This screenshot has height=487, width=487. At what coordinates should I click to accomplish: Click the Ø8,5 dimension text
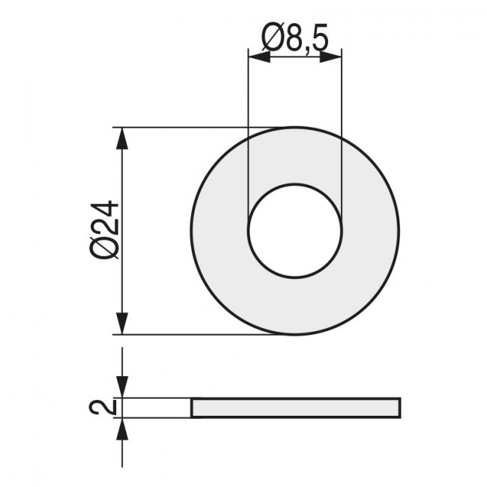(x=294, y=39)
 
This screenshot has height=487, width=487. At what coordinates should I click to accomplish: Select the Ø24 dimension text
(x=104, y=229)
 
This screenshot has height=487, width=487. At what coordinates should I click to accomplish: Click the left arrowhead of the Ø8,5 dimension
(x=258, y=57)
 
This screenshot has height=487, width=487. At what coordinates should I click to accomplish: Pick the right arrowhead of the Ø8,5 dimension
(x=331, y=57)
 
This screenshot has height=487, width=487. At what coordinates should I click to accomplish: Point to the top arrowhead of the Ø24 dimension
(x=122, y=138)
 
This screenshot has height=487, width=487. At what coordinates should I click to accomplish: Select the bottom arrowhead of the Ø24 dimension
(x=122, y=324)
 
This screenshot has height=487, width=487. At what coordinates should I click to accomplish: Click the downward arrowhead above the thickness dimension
(x=122, y=387)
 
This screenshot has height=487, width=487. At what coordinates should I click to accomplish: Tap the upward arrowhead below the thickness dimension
(x=122, y=428)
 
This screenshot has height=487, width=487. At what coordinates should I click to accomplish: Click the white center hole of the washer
(x=295, y=231)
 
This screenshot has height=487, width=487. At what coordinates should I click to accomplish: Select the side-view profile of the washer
(x=295, y=408)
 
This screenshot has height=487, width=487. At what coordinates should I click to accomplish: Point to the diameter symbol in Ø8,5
(x=271, y=39)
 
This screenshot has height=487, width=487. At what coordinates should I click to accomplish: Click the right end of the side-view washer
(x=399, y=408)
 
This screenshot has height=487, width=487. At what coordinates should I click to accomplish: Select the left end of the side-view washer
(x=193, y=408)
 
